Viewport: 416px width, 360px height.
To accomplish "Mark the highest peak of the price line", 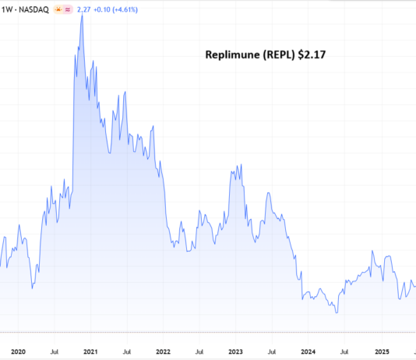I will tap(82, 14).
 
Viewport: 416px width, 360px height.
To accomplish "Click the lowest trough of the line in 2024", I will tap(337, 312).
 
